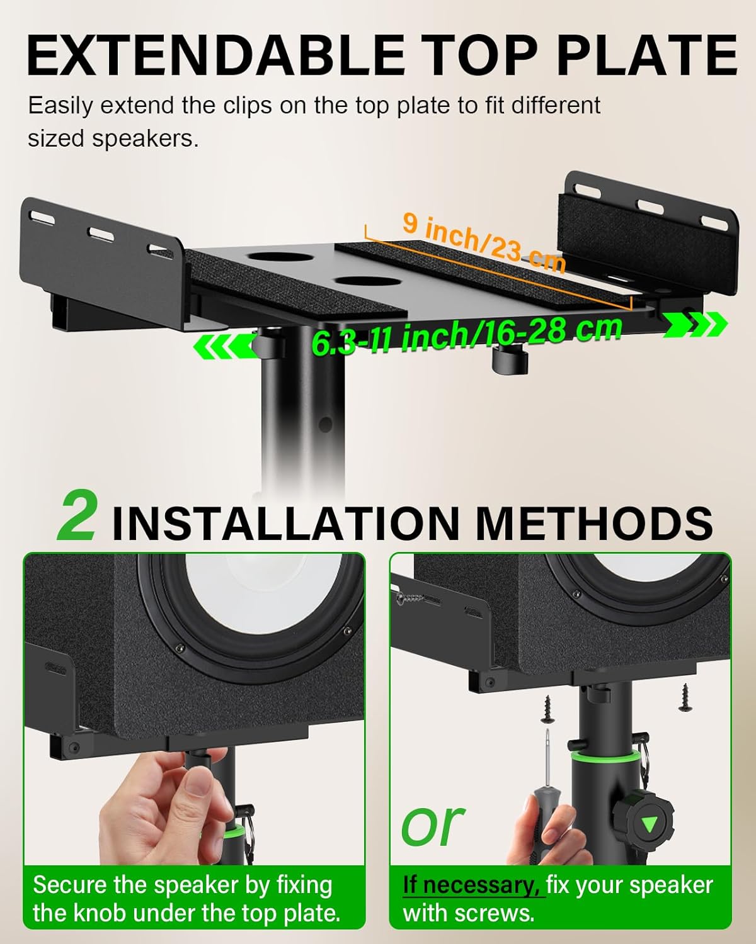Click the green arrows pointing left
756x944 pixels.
pyautogui.click(x=224, y=346)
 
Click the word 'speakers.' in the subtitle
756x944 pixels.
pyautogui.click(x=144, y=138)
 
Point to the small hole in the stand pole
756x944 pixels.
pyautogui.click(x=325, y=425)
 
